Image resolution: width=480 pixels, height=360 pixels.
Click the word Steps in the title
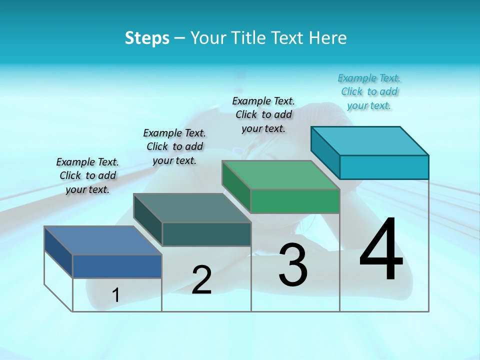click(147, 38)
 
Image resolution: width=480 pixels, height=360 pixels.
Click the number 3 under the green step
click(293, 265)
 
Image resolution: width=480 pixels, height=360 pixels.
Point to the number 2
click(201, 280)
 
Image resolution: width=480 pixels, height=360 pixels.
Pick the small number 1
click(116, 295)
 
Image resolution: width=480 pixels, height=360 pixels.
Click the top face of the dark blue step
click(102, 240)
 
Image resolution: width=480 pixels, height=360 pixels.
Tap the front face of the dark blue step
click(117, 266)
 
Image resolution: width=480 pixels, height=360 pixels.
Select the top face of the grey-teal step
click(192, 208)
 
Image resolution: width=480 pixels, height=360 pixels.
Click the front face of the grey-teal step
click(206, 234)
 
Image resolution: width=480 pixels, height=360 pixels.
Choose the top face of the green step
click(280, 175)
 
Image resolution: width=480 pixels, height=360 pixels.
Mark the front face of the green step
click(295, 201)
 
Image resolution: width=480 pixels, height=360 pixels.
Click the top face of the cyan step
click(369, 141)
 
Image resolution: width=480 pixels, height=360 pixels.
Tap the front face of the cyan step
click(384, 167)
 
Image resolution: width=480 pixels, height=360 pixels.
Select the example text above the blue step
click(87, 175)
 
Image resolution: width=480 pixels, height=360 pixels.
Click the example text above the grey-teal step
click(174, 146)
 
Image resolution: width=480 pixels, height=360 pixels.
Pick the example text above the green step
click(263, 114)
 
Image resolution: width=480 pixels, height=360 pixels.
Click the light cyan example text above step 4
click(369, 91)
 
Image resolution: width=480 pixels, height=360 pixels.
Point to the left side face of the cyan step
click(325, 152)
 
